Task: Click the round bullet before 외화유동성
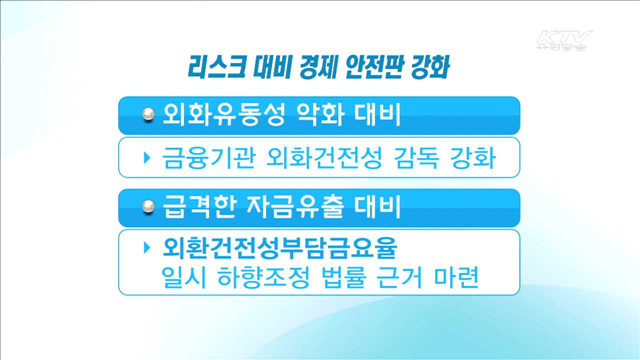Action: pos(148,116)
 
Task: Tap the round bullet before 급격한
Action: pos(148,208)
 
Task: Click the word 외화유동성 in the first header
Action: pos(215,116)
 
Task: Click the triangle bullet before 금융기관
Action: pos(147,158)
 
